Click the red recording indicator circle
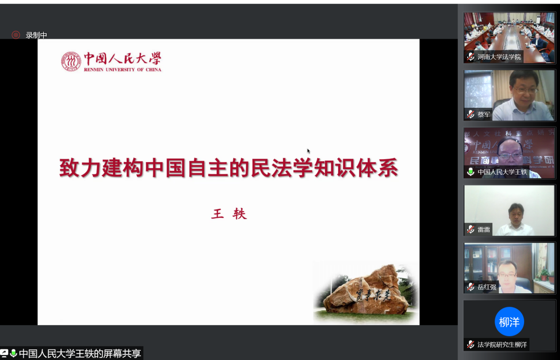tap(16, 35)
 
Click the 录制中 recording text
tap(36, 35)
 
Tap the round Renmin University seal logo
tap(71, 62)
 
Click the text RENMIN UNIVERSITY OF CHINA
tap(122, 69)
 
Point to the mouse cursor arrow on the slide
tap(309, 151)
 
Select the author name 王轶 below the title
tap(229, 214)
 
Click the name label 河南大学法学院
tap(499, 57)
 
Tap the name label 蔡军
tap(484, 114)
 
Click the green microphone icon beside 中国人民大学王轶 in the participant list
tap(471, 172)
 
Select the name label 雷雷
tap(484, 230)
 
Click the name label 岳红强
tap(487, 287)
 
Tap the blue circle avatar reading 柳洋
tap(509, 322)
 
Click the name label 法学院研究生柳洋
tap(502, 345)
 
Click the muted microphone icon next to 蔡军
tap(471, 114)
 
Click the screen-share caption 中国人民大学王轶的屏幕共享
tap(80, 354)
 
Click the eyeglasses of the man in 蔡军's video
tap(526, 90)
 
